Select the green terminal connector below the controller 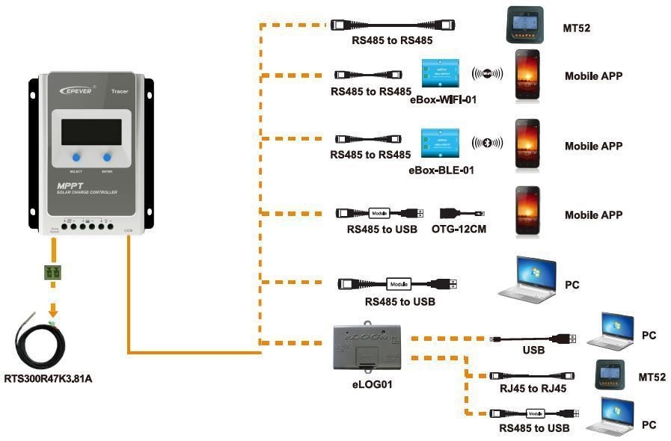[52, 274]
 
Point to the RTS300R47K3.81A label [48, 378]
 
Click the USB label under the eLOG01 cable [533, 350]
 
